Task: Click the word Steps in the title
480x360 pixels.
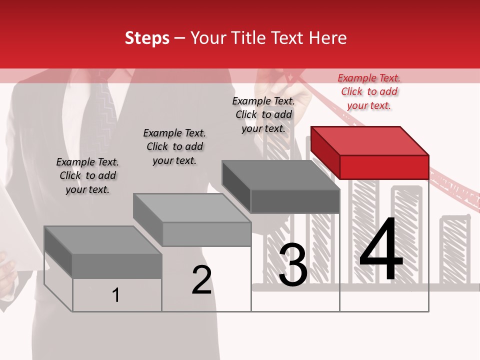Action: pyautogui.click(x=147, y=38)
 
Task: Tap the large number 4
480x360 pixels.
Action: pyautogui.click(x=381, y=249)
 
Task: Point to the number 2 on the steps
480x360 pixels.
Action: pyautogui.click(x=201, y=280)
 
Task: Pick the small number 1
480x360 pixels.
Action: pyautogui.click(x=116, y=295)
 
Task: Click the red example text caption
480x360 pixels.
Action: pyautogui.click(x=369, y=91)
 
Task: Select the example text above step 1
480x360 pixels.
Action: pyautogui.click(x=87, y=175)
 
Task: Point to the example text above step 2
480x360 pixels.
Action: pyautogui.click(x=174, y=146)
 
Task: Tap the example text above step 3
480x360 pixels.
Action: pyautogui.click(x=263, y=114)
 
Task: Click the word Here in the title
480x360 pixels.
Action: pyautogui.click(x=328, y=38)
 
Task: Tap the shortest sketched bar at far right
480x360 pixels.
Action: pyautogui.click(x=454, y=250)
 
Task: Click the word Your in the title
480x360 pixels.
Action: pyautogui.click(x=208, y=38)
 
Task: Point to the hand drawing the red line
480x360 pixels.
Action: pyautogui.click(x=272, y=80)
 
